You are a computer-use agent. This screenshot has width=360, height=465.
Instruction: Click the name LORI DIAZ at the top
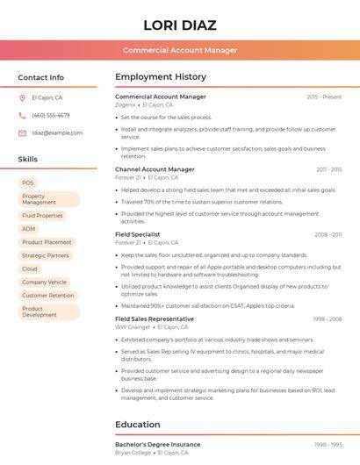(180, 25)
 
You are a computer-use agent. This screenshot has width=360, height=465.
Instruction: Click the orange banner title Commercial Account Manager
(180, 50)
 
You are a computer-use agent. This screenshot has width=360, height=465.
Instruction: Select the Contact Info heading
(41, 77)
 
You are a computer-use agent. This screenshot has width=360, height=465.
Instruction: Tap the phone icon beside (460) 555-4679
(22, 115)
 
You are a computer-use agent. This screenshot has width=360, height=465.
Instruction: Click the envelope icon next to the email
(22, 132)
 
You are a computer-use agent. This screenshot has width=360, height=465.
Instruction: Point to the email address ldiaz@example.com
(57, 132)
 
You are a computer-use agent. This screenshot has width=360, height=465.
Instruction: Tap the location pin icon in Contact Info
(22, 97)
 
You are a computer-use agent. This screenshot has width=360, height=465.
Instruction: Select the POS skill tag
(28, 182)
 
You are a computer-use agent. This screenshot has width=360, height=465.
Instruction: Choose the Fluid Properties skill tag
(42, 215)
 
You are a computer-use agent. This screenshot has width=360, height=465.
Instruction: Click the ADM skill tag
(29, 229)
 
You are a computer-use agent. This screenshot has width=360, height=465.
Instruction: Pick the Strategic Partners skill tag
(46, 255)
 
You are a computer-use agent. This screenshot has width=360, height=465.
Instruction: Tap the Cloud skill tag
(30, 268)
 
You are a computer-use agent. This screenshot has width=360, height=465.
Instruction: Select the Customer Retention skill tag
(48, 296)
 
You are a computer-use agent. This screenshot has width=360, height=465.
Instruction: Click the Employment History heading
(161, 77)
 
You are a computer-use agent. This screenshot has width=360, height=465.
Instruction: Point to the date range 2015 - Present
(324, 97)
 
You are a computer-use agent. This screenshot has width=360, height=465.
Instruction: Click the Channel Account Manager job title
(155, 168)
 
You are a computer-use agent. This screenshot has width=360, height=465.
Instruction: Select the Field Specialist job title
(138, 234)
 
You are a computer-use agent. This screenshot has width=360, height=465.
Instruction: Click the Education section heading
(138, 425)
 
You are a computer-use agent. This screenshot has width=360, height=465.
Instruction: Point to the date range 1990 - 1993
(328, 445)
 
